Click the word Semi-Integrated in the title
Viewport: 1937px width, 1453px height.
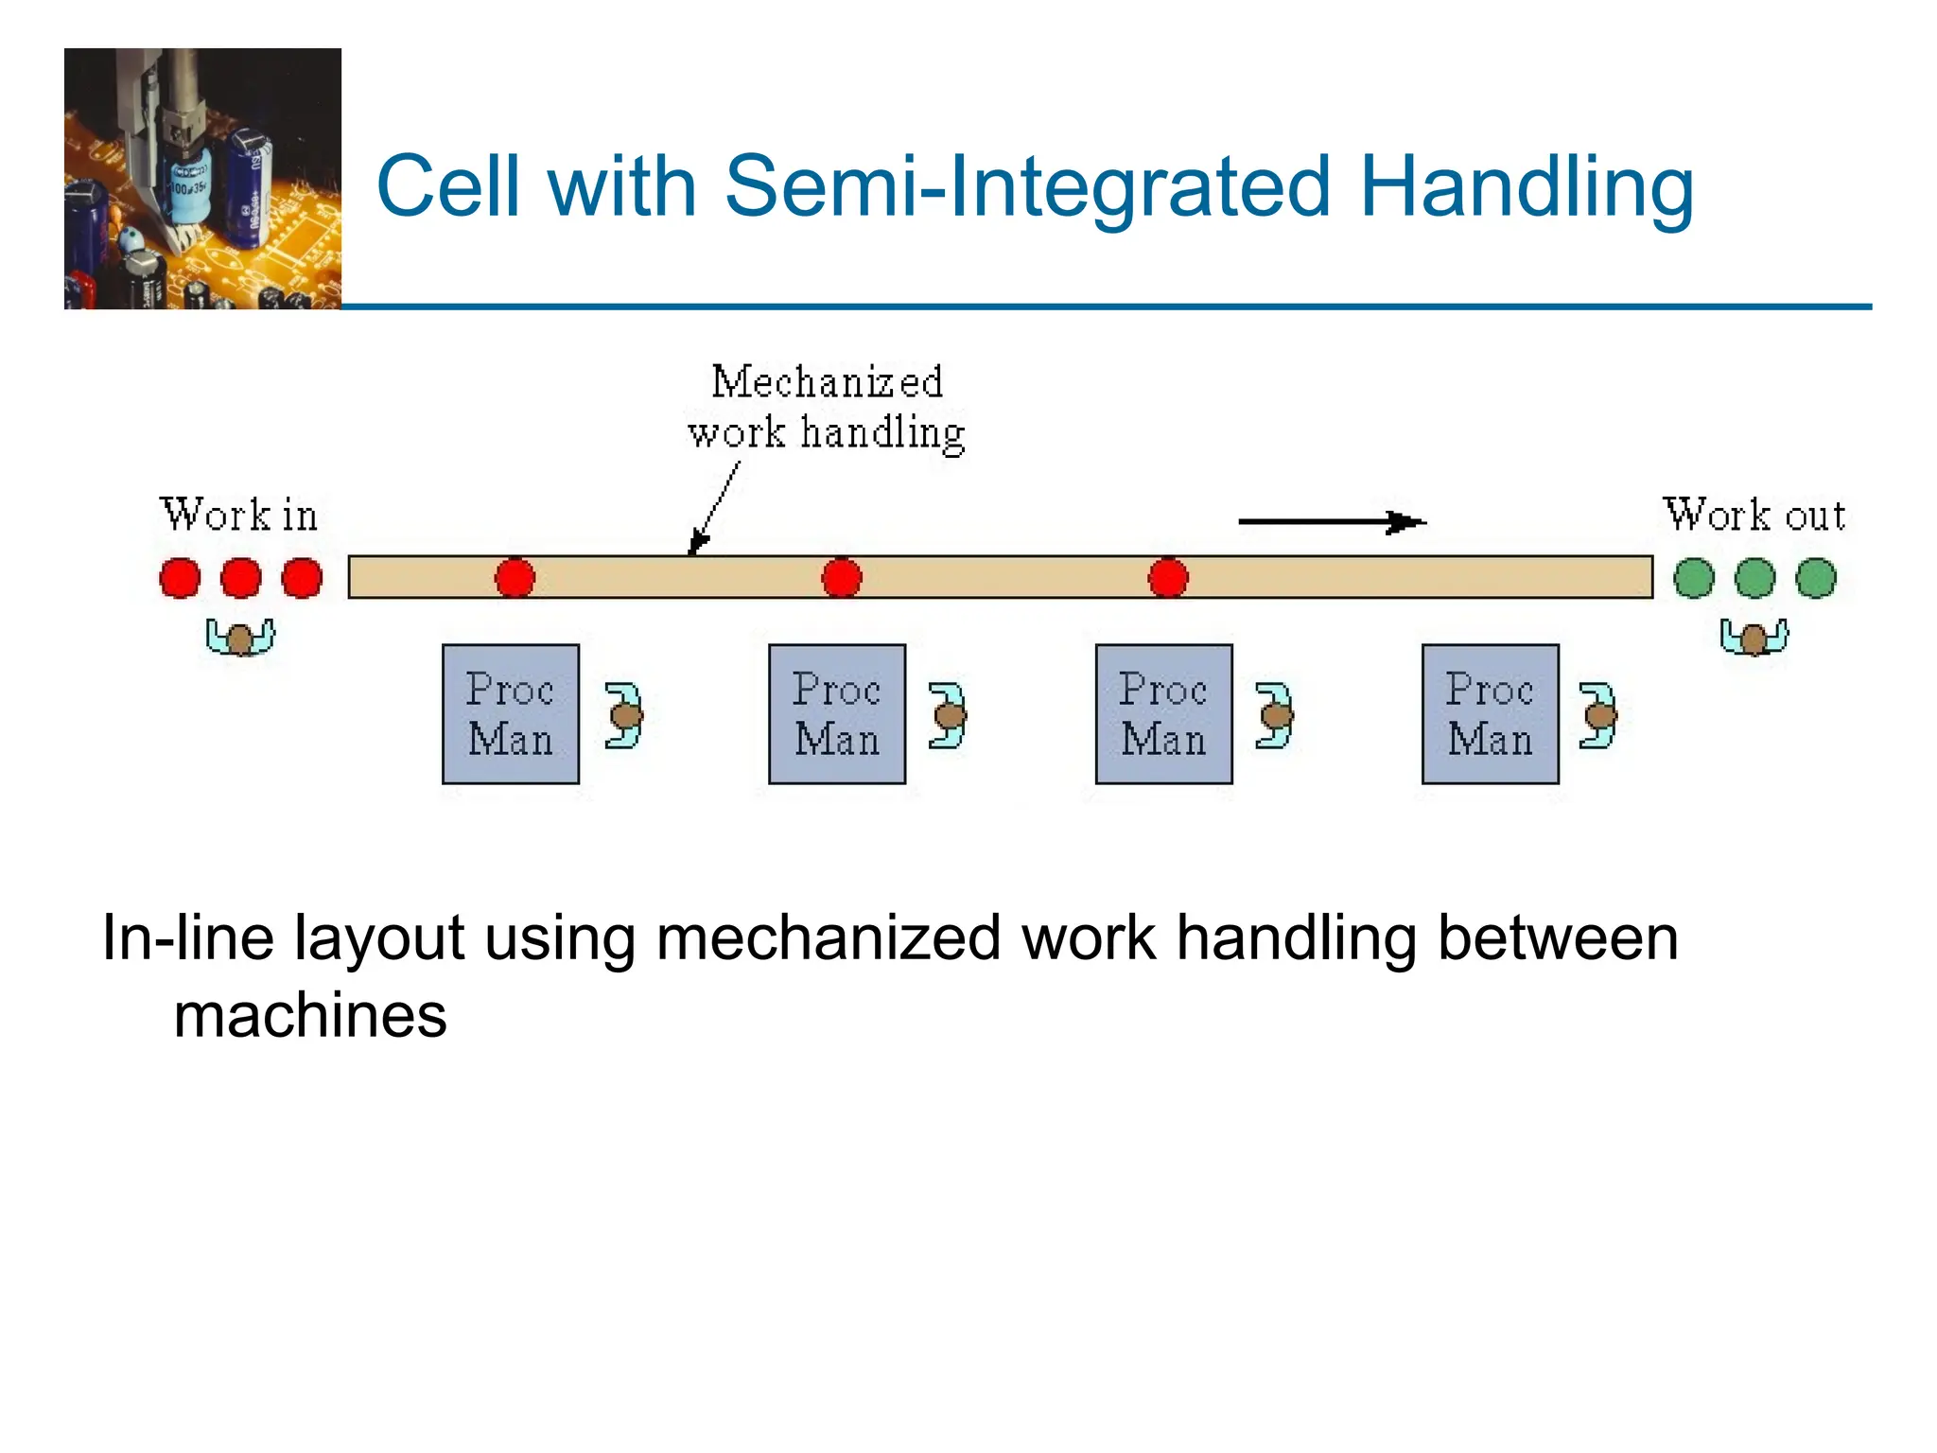point(1029,186)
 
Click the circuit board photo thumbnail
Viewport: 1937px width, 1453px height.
point(202,179)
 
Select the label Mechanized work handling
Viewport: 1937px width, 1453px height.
point(826,408)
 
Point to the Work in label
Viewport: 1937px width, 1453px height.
point(238,516)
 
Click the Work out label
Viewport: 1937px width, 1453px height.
point(1754,516)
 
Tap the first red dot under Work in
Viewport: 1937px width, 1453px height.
point(180,578)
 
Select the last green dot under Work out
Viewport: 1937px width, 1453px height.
point(1816,578)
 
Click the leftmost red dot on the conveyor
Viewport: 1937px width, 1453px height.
point(515,578)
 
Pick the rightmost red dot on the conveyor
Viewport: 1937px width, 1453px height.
point(1168,578)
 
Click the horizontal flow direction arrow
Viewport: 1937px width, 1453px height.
point(1331,521)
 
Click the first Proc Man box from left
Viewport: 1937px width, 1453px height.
point(511,714)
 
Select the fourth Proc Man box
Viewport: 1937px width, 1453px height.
point(1491,714)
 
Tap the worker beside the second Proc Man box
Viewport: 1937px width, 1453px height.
point(948,716)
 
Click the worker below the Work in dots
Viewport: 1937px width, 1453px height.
point(240,638)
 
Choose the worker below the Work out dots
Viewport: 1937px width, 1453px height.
point(1754,638)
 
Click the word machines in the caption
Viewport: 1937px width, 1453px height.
point(310,1016)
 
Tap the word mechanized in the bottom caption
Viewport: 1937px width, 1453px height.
point(828,938)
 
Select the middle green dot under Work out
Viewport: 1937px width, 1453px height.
point(1755,578)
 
